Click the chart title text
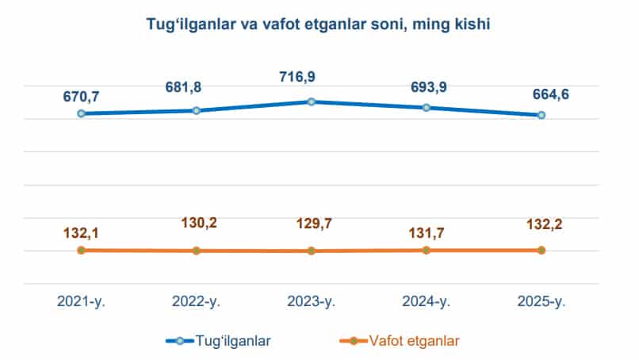tap(319, 25)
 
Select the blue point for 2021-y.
tap(81, 113)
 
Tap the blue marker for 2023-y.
tap(312, 101)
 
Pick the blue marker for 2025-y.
tap(541, 115)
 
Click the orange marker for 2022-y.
tap(197, 251)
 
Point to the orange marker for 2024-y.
tap(427, 250)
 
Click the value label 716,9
tap(311, 79)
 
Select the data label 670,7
tap(81, 97)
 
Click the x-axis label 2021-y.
tap(81, 301)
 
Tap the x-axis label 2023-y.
tap(312, 301)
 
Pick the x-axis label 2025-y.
tap(541, 301)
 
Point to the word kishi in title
tap(472, 25)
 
